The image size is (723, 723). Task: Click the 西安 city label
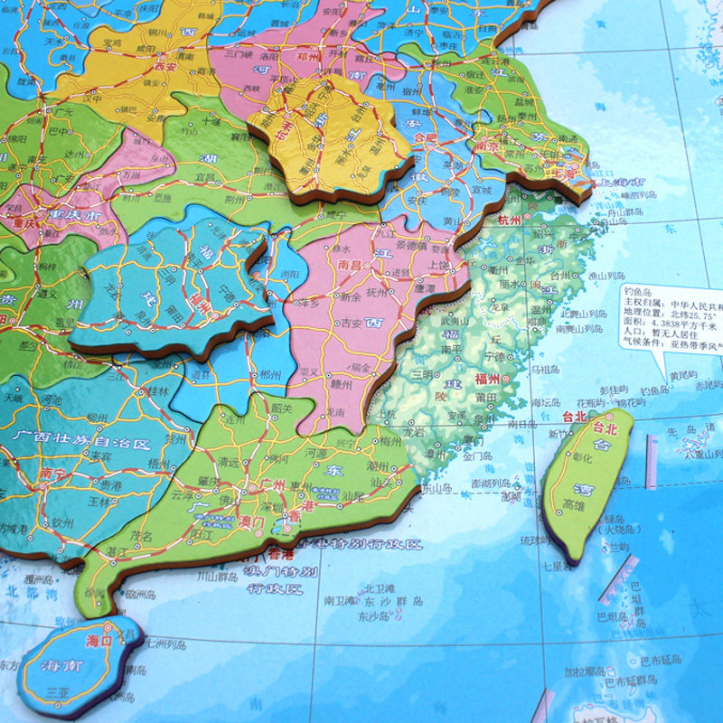pos(164,66)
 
